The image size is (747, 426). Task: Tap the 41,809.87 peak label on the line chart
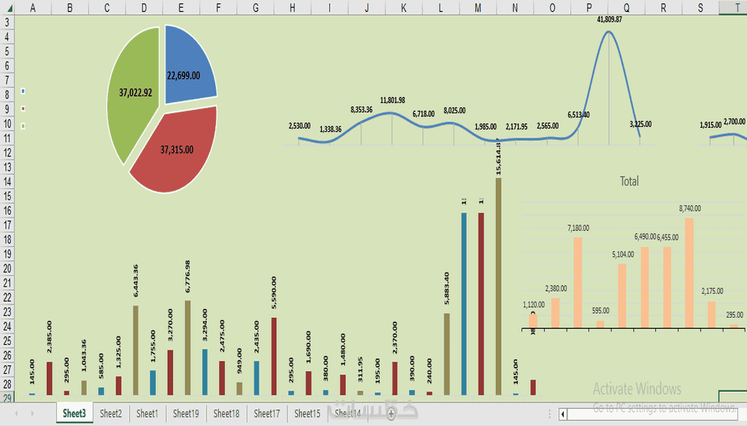609,19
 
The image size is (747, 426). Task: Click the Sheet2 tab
111,413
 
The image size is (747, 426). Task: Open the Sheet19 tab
186,413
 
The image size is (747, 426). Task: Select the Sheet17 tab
267,413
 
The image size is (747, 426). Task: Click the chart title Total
629,181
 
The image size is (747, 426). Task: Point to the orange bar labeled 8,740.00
689,272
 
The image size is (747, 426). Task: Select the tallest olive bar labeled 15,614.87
498,285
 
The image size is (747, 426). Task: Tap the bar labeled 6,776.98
188,347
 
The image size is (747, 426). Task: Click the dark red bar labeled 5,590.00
274,356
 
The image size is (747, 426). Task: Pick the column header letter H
292,7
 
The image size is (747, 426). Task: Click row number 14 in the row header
7,181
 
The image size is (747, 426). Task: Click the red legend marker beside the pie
23,108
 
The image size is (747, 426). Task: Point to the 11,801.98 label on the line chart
392,100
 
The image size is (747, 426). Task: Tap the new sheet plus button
391,413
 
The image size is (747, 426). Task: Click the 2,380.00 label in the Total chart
556,289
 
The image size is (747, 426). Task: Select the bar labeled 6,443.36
136,350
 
